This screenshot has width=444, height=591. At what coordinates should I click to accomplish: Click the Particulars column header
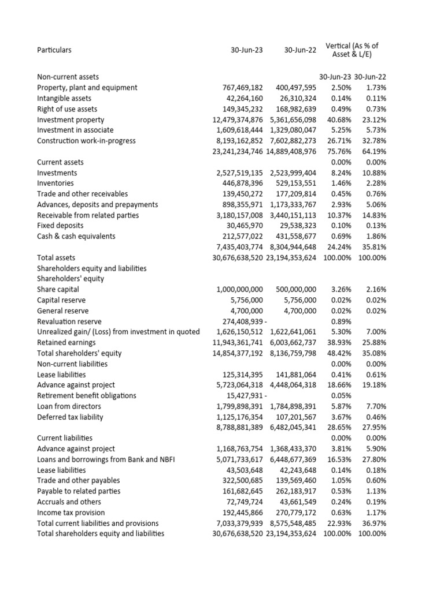pos(54,50)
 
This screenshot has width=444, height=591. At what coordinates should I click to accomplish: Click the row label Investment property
pos(71,119)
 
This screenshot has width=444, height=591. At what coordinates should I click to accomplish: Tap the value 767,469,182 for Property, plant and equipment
pos(242,88)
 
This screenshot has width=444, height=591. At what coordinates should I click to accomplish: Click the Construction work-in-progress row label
pos(86,141)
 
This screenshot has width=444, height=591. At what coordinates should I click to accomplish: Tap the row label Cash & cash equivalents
pos(76,236)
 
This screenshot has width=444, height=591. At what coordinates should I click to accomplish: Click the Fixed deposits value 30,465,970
pos(245,226)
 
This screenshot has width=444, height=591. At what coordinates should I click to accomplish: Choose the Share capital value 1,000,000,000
pos(239,289)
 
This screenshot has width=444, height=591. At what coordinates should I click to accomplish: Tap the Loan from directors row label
pos(68,406)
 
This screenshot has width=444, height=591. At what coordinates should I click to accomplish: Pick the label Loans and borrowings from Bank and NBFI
pos(106,459)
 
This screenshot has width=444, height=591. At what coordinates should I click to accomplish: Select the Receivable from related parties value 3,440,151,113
pos(293,215)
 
